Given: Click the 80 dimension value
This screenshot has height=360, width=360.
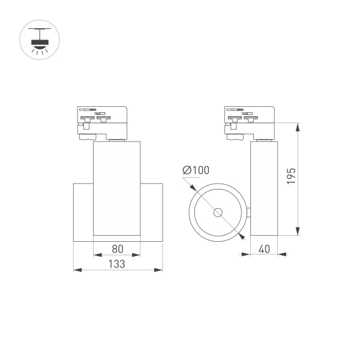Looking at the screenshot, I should (x=117, y=248).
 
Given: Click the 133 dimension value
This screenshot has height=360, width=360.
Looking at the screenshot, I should (x=117, y=264).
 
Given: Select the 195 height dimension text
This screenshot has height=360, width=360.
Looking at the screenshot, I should (x=291, y=176).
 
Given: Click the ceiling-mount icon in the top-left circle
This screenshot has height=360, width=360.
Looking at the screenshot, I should (x=40, y=40).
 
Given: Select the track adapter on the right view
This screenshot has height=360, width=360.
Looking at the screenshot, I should (x=250, y=123).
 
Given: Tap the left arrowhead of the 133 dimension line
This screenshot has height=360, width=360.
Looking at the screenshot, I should (x=76, y=270).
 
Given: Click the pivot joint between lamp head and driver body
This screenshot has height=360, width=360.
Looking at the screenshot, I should (x=248, y=211).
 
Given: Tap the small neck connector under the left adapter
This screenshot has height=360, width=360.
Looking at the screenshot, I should (x=117, y=140).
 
